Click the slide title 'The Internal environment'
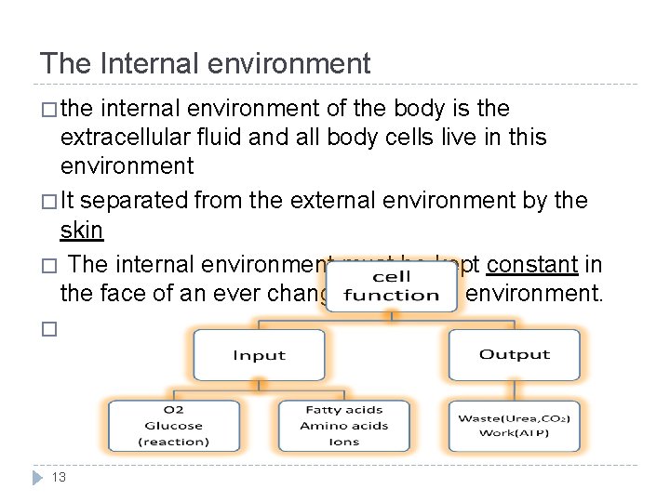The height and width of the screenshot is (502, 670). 205,63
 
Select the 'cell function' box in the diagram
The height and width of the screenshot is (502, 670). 391,286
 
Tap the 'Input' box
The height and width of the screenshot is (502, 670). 259,355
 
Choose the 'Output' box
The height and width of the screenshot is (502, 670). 514,354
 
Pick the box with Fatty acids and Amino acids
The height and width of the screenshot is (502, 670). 343,426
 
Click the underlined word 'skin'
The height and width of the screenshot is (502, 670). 81,230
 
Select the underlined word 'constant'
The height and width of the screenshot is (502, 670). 533,265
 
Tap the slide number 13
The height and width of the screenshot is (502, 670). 59,477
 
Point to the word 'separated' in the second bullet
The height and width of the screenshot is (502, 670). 136,199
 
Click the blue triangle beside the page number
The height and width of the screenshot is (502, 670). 38,477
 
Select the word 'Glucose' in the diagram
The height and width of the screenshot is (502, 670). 173,426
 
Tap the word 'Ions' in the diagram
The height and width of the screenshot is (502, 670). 343,442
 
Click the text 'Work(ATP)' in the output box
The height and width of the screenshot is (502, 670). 514,433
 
